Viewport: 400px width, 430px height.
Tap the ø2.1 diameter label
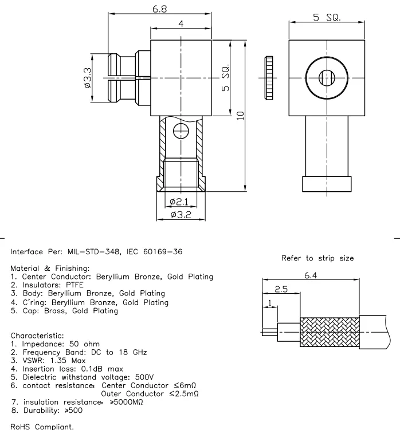180,201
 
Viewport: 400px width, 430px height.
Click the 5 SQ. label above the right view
326,17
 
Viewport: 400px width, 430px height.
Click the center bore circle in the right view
326,77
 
